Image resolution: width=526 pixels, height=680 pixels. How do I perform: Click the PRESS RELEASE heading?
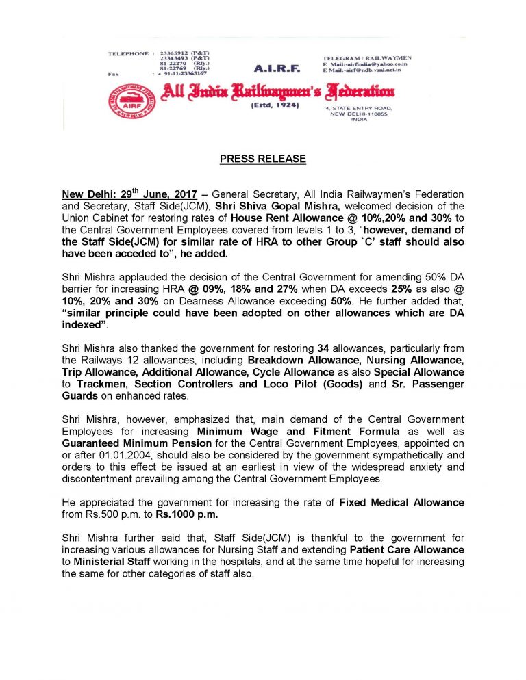coord(262,159)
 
